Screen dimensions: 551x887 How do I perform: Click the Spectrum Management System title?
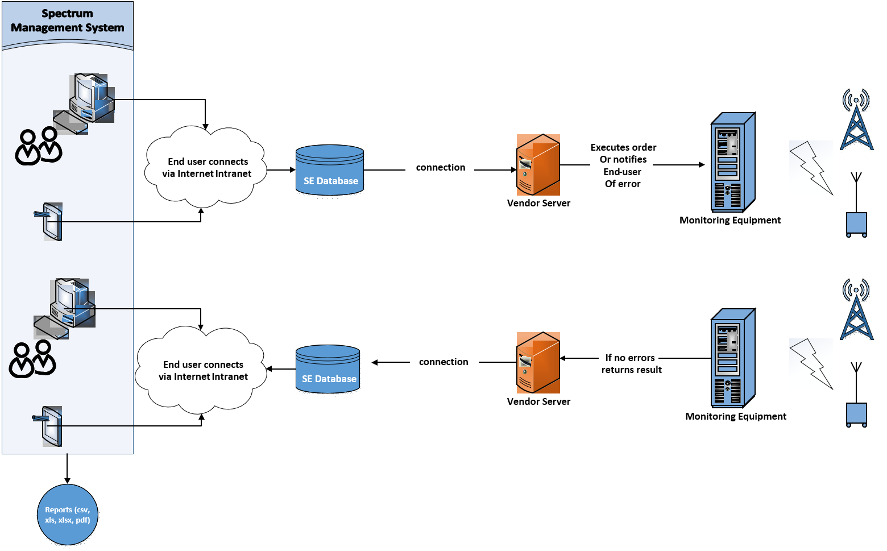tap(67, 21)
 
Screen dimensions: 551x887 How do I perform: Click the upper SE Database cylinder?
tap(330, 171)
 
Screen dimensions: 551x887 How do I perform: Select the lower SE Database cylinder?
tap(328, 369)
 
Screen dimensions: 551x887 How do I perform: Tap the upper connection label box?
tap(440, 169)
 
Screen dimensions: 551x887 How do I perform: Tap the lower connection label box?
tap(444, 362)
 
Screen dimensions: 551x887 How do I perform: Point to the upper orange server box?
tap(538, 165)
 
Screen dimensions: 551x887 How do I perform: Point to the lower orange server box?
tap(538, 363)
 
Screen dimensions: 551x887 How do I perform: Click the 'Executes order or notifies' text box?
tap(621, 165)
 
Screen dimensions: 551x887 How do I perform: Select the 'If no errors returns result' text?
tap(629, 363)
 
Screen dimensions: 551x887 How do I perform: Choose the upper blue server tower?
tap(732, 163)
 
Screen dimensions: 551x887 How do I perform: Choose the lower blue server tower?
tap(732, 358)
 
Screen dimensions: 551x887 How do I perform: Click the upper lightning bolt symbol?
tap(811, 168)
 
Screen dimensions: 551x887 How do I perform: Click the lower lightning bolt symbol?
tap(811, 364)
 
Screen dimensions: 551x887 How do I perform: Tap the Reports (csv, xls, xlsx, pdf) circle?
tap(68, 515)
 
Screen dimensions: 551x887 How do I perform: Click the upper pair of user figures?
tap(39, 146)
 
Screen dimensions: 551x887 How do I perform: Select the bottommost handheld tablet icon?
tap(51, 426)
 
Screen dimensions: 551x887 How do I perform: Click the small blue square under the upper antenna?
tap(856, 223)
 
